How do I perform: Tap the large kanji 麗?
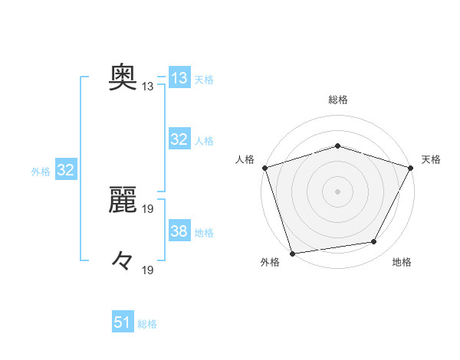(x=123, y=200)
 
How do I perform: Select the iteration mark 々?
(x=123, y=261)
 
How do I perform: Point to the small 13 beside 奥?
(x=148, y=87)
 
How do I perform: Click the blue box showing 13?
(x=179, y=78)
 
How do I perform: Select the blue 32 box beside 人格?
(x=179, y=139)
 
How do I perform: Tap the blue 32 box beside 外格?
(x=65, y=170)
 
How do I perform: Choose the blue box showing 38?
(x=179, y=231)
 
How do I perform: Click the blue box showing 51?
(x=123, y=322)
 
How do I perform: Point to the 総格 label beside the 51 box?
(x=147, y=324)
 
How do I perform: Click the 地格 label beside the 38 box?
(x=204, y=233)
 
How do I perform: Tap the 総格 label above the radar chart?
(x=337, y=100)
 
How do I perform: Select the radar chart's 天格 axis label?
(x=431, y=159)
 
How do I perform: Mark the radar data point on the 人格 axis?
(x=264, y=167)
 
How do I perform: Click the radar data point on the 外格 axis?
(x=293, y=253)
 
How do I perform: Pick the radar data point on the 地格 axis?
(x=374, y=242)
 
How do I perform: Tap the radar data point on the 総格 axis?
(x=337, y=146)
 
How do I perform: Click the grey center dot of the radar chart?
(x=337, y=191)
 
